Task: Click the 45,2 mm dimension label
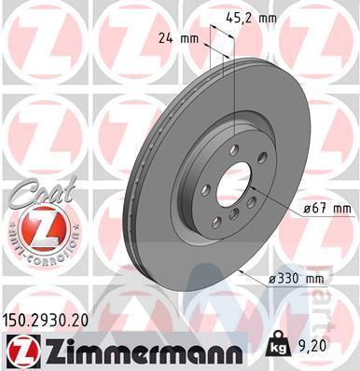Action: (x=251, y=18)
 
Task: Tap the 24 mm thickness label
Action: (x=178, y=38)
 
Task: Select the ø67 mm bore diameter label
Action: (x=327, y=209)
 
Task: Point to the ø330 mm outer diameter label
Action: (x=296, y=279)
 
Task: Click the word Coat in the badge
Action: (x=42, y=193)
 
